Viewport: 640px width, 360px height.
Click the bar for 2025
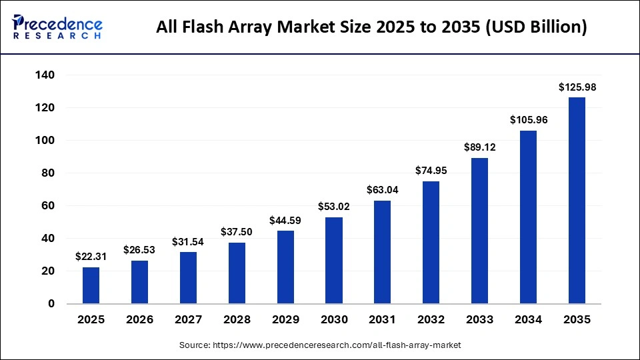91,285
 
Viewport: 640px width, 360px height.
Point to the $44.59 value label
285,220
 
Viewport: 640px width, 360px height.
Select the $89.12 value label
479,147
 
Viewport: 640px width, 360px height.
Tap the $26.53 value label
139,249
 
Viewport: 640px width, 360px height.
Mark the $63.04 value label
382,190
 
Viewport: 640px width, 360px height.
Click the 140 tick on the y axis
44,75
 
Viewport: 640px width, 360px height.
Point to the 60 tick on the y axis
47,206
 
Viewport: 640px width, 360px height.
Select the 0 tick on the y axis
51,304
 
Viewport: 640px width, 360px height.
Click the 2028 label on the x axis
237,320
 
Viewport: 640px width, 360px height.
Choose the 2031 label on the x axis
382,320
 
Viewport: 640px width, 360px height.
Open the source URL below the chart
320,345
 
